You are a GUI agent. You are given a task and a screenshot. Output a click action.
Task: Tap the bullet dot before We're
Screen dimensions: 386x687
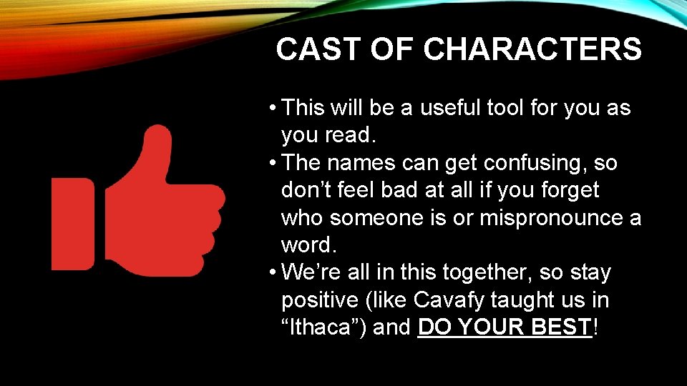tap(274, 273)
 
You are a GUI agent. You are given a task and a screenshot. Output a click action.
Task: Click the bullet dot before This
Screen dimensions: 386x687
tap(274, 109)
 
